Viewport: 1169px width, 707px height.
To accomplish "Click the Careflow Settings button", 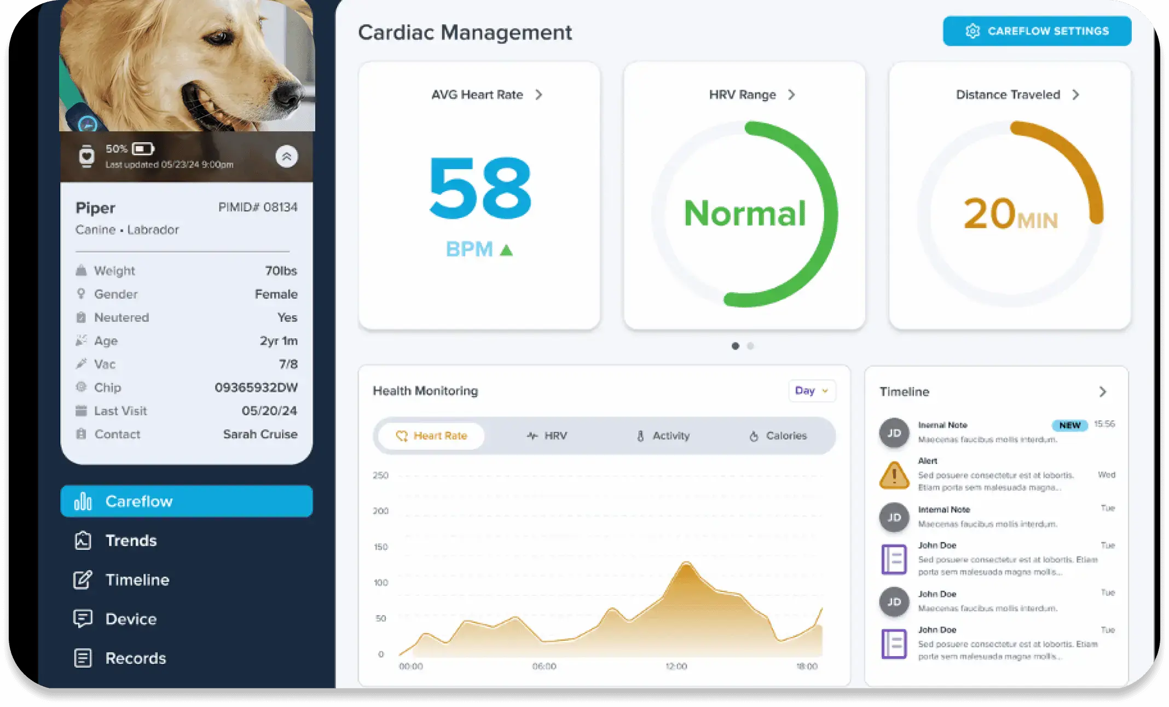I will (1037, 31).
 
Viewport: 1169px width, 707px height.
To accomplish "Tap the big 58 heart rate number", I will (480, 188).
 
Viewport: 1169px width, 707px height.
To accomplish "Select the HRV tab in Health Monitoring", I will (547, 436).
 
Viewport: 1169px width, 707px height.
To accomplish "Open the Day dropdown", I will (812, 391).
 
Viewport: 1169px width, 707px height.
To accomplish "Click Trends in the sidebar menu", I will (131, 541).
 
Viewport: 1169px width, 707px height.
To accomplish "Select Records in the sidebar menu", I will (135, 658).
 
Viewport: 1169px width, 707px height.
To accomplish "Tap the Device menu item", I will (131, 619).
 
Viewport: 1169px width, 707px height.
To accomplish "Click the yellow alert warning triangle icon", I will (894, 475).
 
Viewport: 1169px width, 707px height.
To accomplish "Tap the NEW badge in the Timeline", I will (1069, 425).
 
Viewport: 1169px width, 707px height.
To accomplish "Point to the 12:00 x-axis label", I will (676, 667).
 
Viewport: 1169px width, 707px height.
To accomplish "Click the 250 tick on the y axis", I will (380, 476).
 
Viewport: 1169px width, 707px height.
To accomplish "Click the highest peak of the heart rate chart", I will (686, 564).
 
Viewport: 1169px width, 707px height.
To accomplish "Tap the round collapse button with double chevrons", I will (286, 157).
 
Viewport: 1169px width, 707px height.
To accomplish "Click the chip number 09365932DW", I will (256, 387).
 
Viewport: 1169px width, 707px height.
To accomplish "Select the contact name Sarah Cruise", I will (260, 434).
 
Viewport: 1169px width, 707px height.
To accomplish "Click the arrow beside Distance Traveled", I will (1076, 95).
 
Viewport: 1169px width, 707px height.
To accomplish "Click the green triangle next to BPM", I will (506, 251).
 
